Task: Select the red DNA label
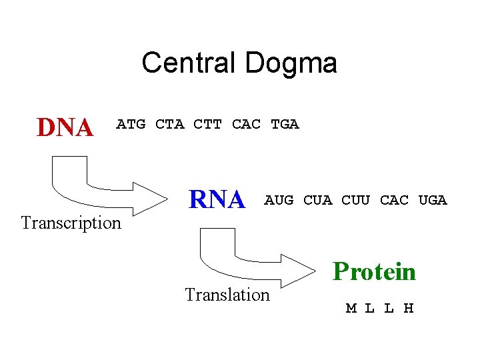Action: tap(65, 127)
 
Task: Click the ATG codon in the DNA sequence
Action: tap(131, 124)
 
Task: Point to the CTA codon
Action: tap(169, 124)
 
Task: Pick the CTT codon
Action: tap(208, 124)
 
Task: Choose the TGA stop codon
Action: tap(285, 124)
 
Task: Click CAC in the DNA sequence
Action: tap(246, 124)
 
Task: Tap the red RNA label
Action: tap(217, 199)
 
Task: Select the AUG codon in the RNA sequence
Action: tap(279, 199)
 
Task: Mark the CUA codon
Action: tap(317, 199)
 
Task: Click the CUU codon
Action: tap(356, 199)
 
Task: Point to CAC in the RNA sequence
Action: tap(394, 199)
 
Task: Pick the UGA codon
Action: tap(433, 199)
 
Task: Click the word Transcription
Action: tap(71, 223)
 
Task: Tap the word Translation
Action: tap(227, 294)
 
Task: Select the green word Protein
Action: tap(374, 271)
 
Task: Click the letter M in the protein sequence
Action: tap(351, 308)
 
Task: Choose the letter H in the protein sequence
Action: tap(409, 308)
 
